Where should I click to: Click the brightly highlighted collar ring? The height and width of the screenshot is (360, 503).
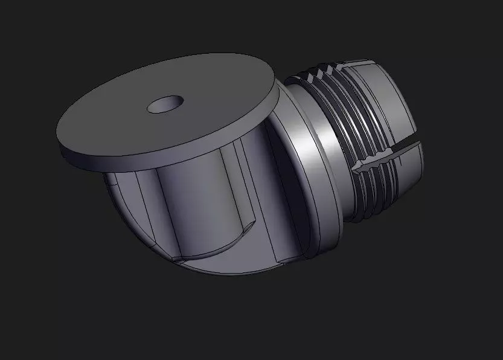(x=314, y=163)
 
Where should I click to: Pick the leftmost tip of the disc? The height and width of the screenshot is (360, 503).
(x=59, y=136)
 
